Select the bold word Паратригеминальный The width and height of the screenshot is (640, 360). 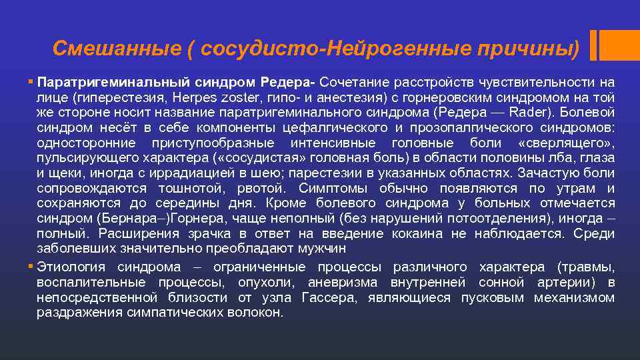(113, 82)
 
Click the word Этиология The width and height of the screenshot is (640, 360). (72, 267)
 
